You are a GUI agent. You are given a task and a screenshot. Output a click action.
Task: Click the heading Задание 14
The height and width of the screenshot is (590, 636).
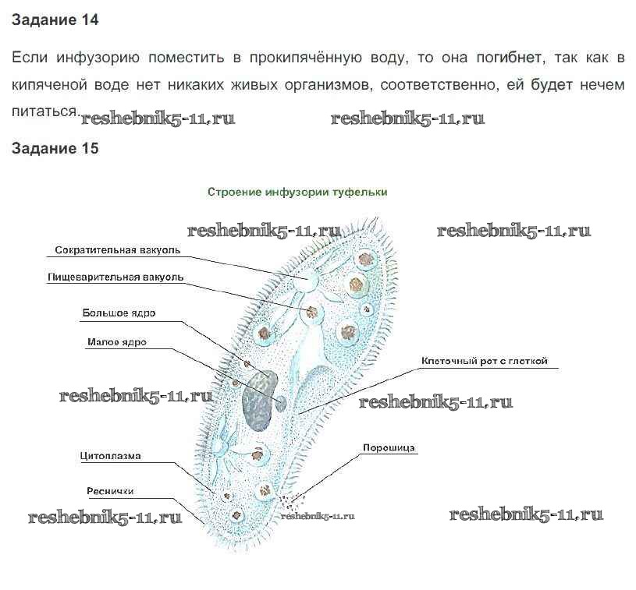coord(55,21)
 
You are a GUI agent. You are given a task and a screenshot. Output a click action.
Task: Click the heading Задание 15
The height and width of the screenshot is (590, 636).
coord(55,148)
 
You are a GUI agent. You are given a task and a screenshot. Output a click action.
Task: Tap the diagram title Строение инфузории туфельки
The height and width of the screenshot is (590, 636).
coord(297,191)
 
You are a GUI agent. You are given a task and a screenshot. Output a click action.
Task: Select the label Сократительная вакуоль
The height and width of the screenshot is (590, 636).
coord(118,250)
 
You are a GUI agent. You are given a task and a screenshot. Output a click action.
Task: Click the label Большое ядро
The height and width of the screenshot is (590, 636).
coord(119,313)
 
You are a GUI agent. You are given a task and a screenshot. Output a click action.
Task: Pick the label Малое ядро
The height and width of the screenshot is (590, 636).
coord(117,341)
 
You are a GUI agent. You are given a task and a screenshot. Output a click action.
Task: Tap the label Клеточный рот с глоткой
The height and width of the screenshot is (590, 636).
coord(485,361)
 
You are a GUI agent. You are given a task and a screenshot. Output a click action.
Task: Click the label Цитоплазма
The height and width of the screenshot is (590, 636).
coord(110,456)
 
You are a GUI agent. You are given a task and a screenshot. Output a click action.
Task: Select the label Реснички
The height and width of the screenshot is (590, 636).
coord(110,491)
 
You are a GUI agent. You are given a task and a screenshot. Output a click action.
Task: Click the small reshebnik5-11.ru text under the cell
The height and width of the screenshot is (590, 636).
coord(318,515)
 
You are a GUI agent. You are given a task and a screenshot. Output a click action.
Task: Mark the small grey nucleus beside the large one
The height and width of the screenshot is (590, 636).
coord(280,402)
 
